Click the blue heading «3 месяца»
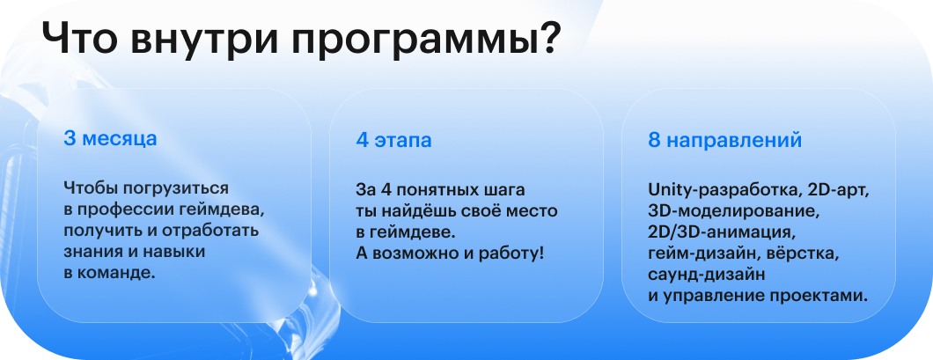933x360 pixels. tap(110, 139)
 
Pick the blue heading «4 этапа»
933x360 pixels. tap(394, 141)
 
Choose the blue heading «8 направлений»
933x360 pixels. tap(724, 141)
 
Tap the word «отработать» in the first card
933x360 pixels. tap(212, 231)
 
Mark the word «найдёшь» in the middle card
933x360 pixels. tap(409, 211)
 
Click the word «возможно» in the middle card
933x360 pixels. tap(414, 254)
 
